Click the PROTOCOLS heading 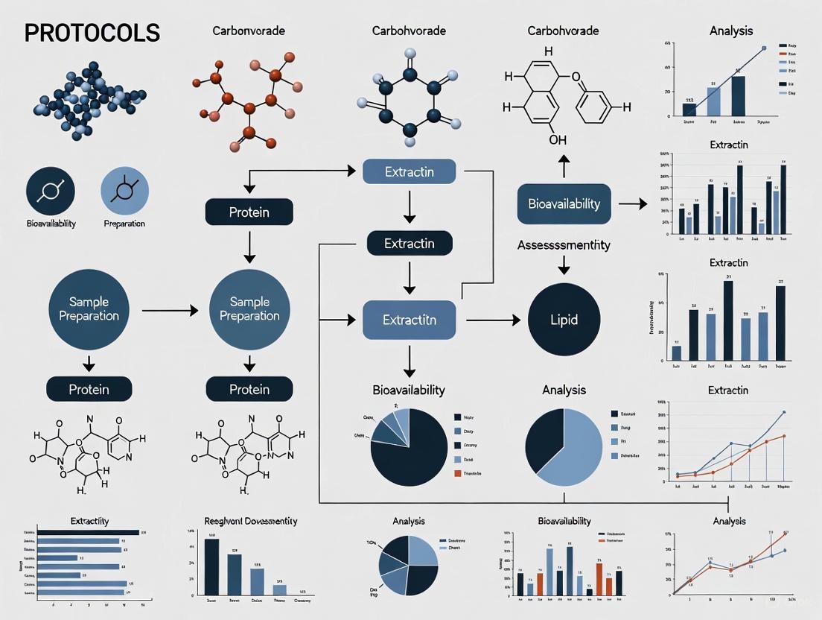(92, 33)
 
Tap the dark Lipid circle (564, 320)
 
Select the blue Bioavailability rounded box (564, 204)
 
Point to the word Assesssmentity (564, 244)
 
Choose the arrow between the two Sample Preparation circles (169, 309)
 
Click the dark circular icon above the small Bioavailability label (51, 192)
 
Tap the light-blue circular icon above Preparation (124, 192)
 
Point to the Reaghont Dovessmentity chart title (250, 520)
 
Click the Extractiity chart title (89, 520)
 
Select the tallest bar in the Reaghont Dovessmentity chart (211, 565)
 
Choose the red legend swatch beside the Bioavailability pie (456, 473)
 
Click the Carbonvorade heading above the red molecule (248, 31)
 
